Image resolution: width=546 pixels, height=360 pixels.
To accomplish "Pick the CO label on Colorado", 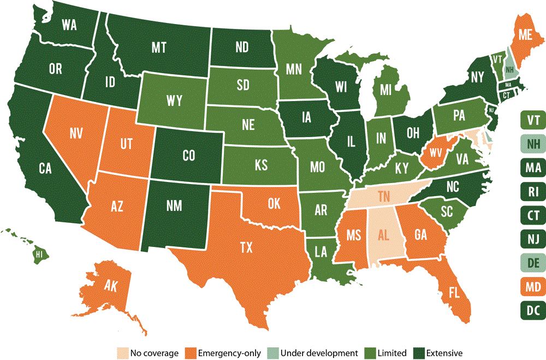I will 188,156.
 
